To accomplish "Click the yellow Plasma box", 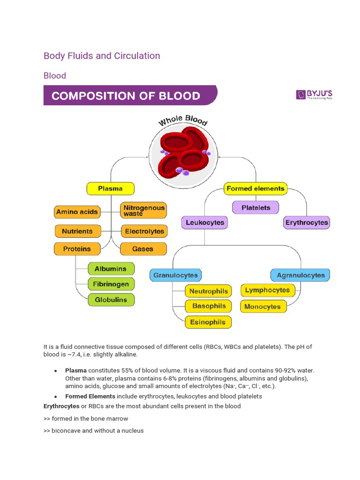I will tap(111, 189).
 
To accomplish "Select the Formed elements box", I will tap(255, 189).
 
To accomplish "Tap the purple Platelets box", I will tap(256, 208).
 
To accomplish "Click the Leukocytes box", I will tap(204, 223).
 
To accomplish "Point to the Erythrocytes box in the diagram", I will tap(307, 223).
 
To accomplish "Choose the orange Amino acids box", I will tap(77, 212).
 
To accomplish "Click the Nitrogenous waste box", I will tap(143, 210).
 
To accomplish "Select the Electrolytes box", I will tap(144, 231).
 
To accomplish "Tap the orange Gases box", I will tap(143, 249).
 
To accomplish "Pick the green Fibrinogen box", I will tap(111, 284).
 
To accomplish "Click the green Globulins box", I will tap(111, 300).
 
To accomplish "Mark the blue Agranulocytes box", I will tap(300, 275).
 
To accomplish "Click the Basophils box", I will tap(209, 306).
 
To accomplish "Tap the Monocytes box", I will tap(262, 307).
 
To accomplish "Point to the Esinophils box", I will tap(208, 322).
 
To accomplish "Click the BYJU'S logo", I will tap(314, 95).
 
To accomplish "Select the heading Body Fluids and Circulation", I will tap(102, 56).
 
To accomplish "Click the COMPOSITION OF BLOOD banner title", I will tap(126, 96).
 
